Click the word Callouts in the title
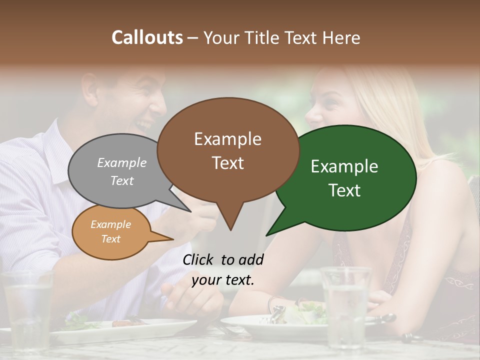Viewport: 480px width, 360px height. click(147, 37)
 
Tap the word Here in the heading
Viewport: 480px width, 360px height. click(341, 37)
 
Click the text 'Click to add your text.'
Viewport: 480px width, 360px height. click(223, 270)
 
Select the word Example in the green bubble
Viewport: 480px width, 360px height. click(344, 166)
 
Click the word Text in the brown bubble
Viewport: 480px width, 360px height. click(228, 163)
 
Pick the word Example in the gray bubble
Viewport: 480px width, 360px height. click(122, 163)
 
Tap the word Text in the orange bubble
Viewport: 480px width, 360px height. click(111, 239)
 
